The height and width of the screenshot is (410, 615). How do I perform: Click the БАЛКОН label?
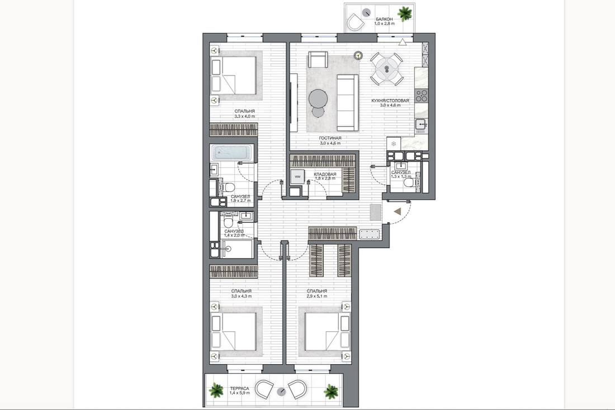[x=384, y=19]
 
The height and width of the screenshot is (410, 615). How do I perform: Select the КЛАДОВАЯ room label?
[x=325, y=174]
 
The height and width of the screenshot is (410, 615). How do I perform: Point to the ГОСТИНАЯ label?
[x=330, y=138]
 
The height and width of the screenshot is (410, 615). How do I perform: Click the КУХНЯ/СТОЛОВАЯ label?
[x=390, y=101]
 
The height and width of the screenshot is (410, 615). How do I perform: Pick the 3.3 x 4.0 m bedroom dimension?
[x=245, y=116]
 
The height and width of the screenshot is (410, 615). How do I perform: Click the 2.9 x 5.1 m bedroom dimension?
[x=317, y=296]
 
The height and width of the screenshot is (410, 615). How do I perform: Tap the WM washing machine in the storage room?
[x=297, y=177]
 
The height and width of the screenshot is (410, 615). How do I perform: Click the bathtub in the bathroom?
[x=231, y=153]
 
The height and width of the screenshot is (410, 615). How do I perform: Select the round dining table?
[x=387, y=69]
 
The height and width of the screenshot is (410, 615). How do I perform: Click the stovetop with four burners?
[x=422, y=96]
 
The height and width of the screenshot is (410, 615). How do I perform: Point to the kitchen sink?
[x=421, y=124]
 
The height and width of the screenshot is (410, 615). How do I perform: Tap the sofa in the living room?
[x=348, y=103]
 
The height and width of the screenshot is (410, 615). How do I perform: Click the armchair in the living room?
[x=318, y=60]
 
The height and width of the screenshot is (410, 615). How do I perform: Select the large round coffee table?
[x=318, y=98]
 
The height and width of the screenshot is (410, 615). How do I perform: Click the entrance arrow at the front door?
[x=398, y=212]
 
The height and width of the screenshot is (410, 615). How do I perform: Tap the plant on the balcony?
[x=404, y=14]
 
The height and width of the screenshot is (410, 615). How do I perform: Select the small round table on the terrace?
[x=281, y=391]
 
